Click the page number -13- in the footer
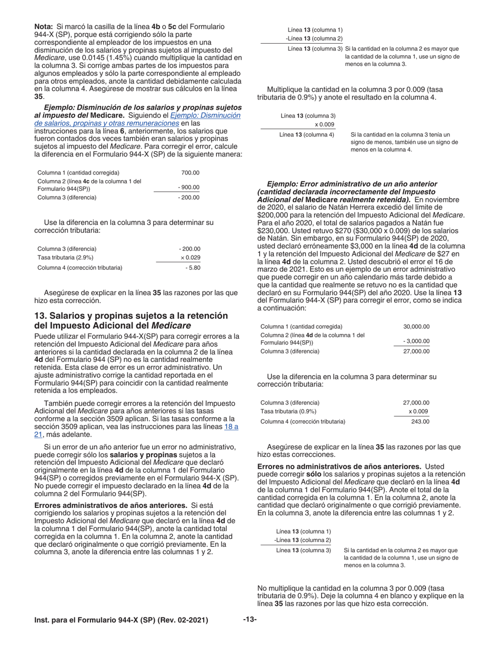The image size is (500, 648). [x=249, y=620]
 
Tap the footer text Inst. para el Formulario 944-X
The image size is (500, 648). [x=121, y=620]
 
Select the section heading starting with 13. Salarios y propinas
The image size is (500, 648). [x=131, y=320]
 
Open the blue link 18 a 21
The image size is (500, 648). [x=231, y=427]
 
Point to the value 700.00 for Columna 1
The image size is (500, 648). [x=190, y=173]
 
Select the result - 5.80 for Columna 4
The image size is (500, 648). [x=193, y=268]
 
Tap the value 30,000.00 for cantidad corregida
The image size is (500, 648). [x=416, y=327]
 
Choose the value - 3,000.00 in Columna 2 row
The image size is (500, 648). [x=416, y=341]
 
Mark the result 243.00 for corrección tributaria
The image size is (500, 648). [x=420, y=421]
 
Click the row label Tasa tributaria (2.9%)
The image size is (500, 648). [x=65, y=258]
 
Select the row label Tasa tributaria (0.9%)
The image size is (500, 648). [x=288, y=411]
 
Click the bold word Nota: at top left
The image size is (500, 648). [x=44, y=26]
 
